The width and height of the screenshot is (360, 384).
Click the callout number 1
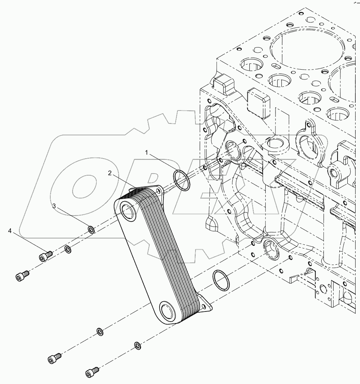147,153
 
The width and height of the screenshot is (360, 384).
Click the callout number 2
110,173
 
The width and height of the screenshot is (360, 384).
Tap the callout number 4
10,231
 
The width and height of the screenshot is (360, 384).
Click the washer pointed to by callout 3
91,230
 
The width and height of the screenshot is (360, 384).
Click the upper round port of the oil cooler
127,211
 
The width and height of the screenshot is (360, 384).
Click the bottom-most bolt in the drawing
92,372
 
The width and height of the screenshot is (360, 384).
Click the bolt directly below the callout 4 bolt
22,277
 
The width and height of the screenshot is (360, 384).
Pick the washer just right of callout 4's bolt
67,249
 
